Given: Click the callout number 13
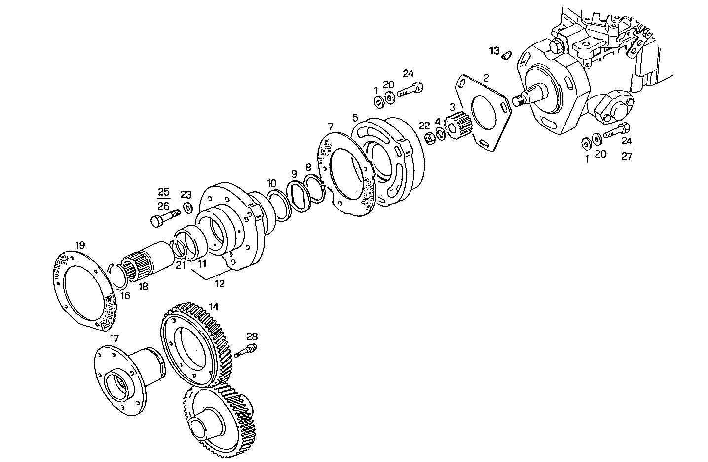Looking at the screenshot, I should (x=494, y=51).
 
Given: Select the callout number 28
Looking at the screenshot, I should (x=252, y=337).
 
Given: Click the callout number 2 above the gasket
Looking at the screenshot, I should (x=486, y=78).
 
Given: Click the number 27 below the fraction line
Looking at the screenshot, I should (x=626, y=156).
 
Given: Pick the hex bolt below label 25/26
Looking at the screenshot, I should (x=164, y=217).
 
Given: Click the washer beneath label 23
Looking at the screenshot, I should (x=187, y=208).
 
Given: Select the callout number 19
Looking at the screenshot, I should (x=80, y=245).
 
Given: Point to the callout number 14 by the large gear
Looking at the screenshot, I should (x=213, y=306).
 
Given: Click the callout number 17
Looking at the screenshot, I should (x=114, y=338).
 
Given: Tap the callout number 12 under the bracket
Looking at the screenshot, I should (x=220, y=284).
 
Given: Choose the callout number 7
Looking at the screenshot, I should (x=330, y=126).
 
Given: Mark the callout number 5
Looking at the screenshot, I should (x=355, y=118).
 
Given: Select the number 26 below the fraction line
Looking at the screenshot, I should (x=163, y=206).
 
